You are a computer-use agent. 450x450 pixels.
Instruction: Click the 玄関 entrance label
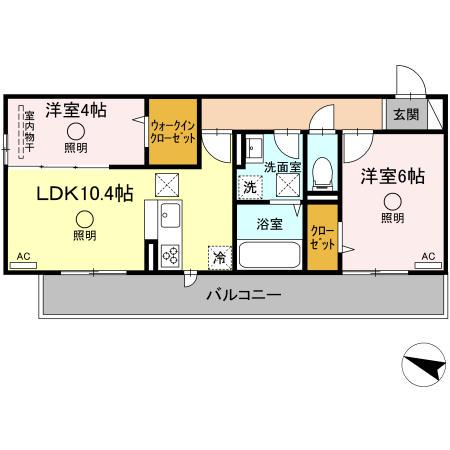click(x=406, y=115)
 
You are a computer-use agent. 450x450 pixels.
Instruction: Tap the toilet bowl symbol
click(x=322, y=174)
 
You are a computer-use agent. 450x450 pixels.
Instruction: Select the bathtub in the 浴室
click(x=269, y=255)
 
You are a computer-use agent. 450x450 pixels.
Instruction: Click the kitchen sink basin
click(x=170, y=215)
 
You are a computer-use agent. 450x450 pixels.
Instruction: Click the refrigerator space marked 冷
click(x=220, y=257)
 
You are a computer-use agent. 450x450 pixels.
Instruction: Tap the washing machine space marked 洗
click(x=250, y=187)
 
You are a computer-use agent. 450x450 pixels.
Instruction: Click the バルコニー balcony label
click(x=244, y=295)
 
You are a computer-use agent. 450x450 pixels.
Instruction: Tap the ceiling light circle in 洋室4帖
click(x=76, y=131)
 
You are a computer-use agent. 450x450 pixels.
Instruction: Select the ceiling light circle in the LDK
click(x=85, y=219)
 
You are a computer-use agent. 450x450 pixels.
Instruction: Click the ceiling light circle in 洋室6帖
click(x=392, y=202)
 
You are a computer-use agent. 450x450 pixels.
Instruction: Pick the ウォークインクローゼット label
click(x=173, y=132)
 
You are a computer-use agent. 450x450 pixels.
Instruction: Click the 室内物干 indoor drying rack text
click(x=29, y=132)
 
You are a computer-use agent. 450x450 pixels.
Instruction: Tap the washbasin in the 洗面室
click(x=254, y=148)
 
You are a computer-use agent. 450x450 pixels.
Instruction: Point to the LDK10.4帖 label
click(x=85, y=193)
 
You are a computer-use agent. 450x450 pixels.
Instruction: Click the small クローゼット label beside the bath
click(x=322, y=238)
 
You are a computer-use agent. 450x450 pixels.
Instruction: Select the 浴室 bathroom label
click(x=269, y=224)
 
